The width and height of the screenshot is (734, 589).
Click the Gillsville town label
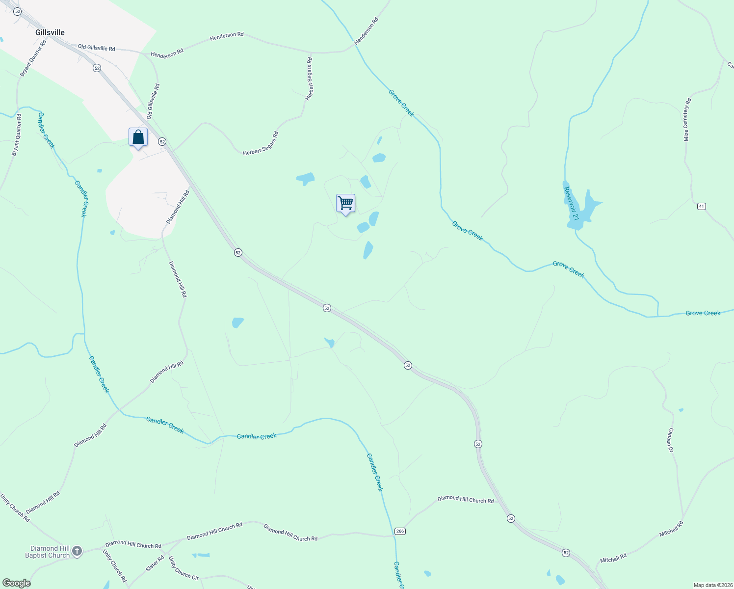(50, 32)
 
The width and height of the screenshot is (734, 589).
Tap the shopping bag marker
(138, 137)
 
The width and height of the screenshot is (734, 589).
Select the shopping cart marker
(346, 203)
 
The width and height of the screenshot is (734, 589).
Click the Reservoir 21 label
(572, 203)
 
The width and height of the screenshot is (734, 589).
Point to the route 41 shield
(702, 206)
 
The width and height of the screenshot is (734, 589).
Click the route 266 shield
(400, 531)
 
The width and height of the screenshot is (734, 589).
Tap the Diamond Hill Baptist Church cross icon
(77, 552)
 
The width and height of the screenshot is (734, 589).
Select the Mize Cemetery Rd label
(687, 120)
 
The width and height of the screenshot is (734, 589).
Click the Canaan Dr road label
(670, 440)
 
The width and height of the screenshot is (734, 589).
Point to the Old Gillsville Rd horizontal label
(97, 48)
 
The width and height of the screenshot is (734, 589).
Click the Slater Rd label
(155, 562)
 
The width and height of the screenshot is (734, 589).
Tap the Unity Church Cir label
(183, 568)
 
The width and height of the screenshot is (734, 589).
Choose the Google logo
(17, 583)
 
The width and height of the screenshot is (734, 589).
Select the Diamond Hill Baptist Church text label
(48, 552)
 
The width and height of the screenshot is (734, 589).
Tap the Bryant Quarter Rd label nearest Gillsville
(33, 58)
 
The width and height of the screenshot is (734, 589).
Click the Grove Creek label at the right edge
(703, 313)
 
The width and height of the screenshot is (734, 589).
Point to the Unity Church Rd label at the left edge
(15, 508)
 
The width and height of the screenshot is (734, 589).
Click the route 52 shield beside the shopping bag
(162, 141)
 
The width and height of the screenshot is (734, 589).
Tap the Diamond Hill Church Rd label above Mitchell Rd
(466, 500)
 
